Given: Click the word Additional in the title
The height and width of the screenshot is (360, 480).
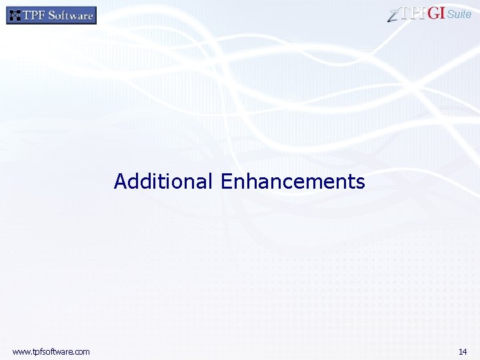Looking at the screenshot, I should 163,181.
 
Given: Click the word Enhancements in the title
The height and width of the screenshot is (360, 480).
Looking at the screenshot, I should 293,181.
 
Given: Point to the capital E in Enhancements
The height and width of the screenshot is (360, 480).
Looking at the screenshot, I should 225,181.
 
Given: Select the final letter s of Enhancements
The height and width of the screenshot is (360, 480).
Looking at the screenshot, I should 361,182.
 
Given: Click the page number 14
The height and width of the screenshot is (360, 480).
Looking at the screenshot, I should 463,351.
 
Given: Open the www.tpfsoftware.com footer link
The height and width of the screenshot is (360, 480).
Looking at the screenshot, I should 51,351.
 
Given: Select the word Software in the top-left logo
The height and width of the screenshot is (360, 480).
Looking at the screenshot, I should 69,15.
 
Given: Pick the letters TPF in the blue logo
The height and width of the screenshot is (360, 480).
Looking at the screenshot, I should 34,15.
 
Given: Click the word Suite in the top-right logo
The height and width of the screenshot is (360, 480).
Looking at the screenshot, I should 459,15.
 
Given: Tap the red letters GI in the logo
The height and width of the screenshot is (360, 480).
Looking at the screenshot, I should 436,14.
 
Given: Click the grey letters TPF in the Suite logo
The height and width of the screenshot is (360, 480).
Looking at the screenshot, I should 413,14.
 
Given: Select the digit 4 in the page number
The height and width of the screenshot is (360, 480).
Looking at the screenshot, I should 465,351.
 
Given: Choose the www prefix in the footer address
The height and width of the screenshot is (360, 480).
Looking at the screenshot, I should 21,351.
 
